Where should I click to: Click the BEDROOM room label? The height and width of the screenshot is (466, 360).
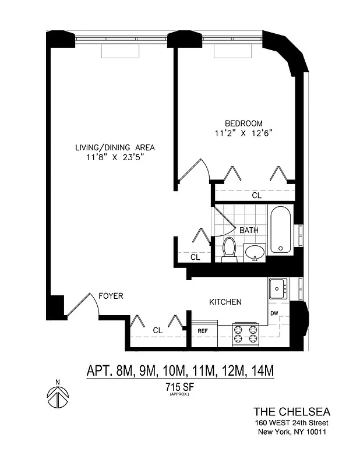[243, 123]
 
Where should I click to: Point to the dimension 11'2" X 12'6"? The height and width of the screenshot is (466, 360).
[244, 133]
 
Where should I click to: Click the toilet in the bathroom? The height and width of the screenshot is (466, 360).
[229, 249]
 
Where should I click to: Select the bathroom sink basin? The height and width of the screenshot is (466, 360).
[255, 252]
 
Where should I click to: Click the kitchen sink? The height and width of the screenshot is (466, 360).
[277, 288]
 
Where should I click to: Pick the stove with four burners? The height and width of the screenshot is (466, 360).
[245, 334]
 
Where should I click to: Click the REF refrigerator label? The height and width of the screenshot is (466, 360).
[203, 331]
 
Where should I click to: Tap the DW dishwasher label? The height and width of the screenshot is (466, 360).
[274, 313]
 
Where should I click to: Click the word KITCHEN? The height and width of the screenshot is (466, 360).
[225, 302]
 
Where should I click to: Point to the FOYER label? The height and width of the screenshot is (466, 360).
[111, 296]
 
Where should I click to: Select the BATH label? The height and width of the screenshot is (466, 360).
[249, 231]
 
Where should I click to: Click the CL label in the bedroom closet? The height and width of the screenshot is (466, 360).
[256, 196]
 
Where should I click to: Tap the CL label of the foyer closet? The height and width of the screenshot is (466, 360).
[157, 330]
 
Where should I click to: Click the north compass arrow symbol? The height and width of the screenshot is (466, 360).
[57, 398]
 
